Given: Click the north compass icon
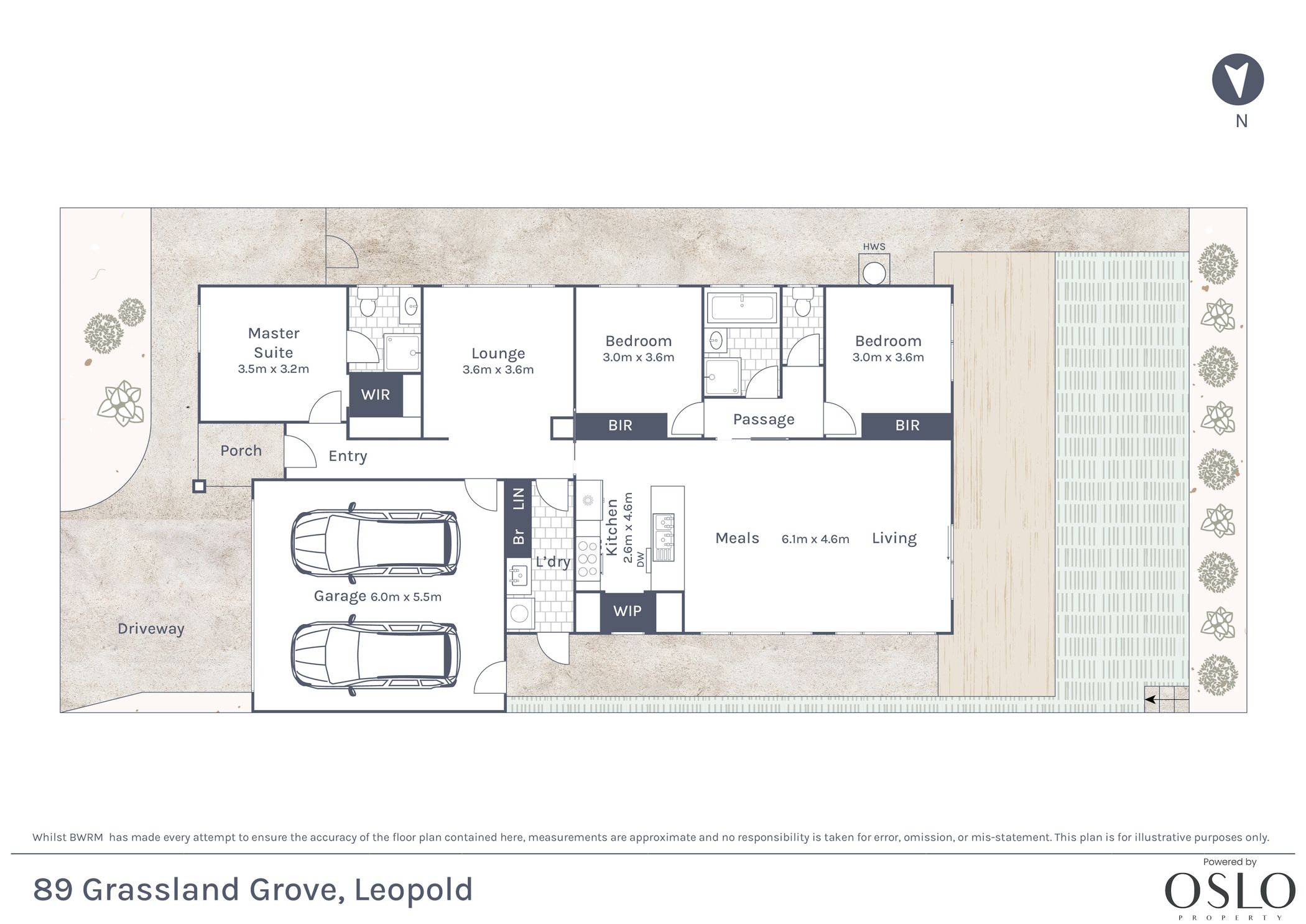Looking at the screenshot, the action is tap(1238, 79).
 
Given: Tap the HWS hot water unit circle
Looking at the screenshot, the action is tap(874, 273).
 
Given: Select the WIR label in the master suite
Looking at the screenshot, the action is tap(375, 394).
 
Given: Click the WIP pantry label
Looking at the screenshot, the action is tap(627, 611).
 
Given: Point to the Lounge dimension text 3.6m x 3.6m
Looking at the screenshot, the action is tap(498, 370).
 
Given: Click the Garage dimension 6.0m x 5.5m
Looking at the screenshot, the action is tap(406, 597).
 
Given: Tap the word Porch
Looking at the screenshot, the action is tap(241, 450).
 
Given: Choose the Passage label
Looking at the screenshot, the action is tap(764, 419).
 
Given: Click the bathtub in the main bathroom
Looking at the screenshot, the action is tap(742, 307).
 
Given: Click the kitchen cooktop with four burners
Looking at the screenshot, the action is tap(588, 559).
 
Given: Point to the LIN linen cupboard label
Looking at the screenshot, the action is tap(518, 498).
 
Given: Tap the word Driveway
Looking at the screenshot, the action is tap(151, 628).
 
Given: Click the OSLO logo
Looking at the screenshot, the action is tap(1230, 891).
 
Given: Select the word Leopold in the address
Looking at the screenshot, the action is tap(414, 890).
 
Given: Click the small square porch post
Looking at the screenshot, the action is tap(199, 486).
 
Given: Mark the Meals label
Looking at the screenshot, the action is tap(737, 538).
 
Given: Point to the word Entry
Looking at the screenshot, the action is tap(348, 457).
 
